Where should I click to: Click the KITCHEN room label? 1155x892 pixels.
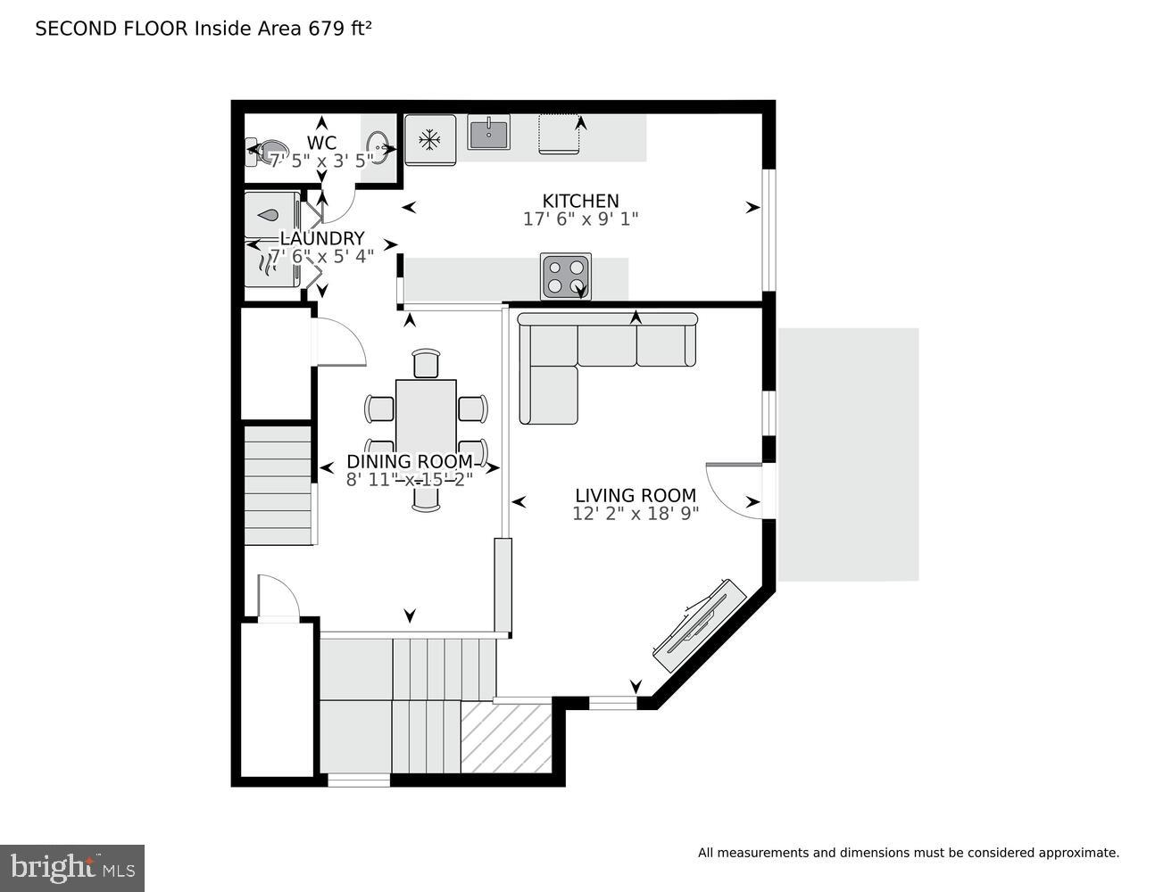pyautogui.click(x=580, y=201)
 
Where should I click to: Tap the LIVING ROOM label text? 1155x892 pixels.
pyautogui.click(x=635, y=495)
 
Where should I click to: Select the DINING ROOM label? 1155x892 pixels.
pyautogui.click(x=409, y=461)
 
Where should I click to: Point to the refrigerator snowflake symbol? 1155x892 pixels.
pyautogui.click(x=430, y=139)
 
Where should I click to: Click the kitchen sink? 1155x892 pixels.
pyautogui.click(x=488, y=134)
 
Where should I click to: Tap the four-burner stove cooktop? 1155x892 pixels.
pyautogui.click(x=565, y=277)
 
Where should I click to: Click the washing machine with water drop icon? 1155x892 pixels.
pyautogui.click(x=271, y=215)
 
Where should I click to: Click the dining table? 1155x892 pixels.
pyautogui.click(x=426, y=428)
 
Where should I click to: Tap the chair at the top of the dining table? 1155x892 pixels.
pyautogui.click(x=427, y=364)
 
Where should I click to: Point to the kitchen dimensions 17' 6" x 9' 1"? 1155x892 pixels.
pyautogui.click(x=580, y=219)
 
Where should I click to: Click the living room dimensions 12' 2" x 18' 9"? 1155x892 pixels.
pyautogui.click(x=635, y=514)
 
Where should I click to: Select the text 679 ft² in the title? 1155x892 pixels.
pyautogui.click(x=340, y=29)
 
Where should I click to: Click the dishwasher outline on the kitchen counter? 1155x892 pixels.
pyautogui.click(x=560, y=135)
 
